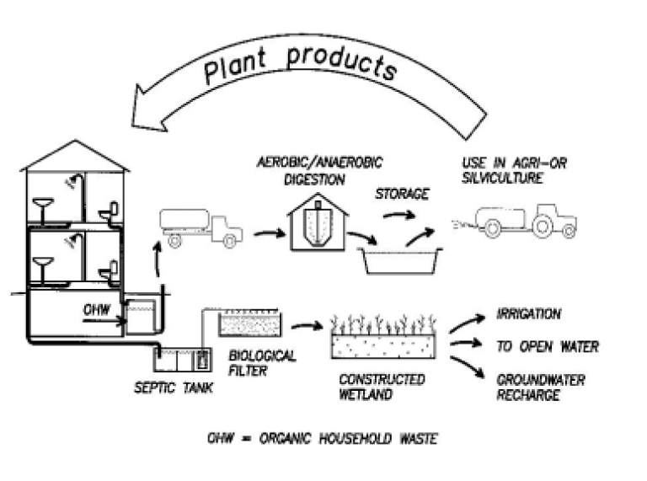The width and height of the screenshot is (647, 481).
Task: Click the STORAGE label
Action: coord(402,195)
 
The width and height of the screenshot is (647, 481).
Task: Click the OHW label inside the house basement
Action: coord(95,308)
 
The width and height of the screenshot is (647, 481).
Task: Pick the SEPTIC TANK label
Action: coord(173,388)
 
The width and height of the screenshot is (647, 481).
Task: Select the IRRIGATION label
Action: coord(528,314)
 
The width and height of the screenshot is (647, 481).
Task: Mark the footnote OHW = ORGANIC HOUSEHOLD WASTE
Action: coord(322,439)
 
